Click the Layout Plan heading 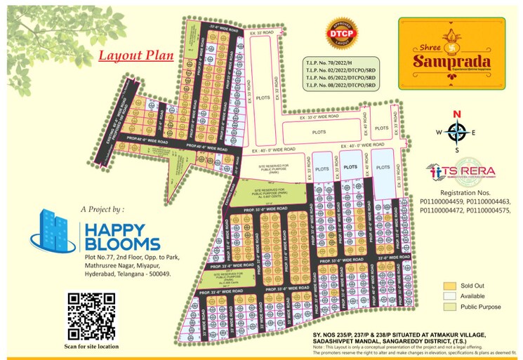coord(135,56)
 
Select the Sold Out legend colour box coord(449,286)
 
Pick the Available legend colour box coord(449,296)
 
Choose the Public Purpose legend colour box coord(449,307)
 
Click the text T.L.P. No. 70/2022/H coord(329,63)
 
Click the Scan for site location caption coord(91,347)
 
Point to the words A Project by coord(102,209)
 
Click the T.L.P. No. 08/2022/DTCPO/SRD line coord(341,85)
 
